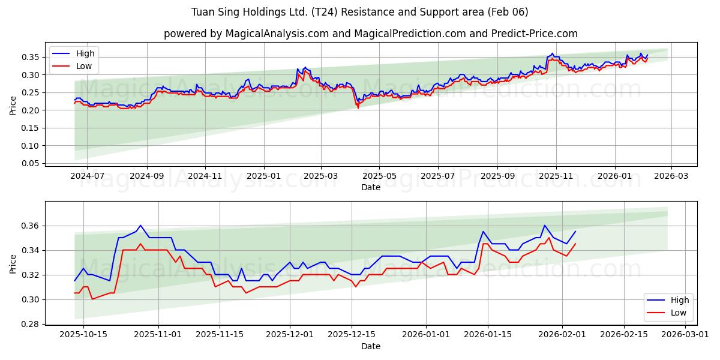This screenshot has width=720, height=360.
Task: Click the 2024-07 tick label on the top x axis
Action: click(x=87, y=176)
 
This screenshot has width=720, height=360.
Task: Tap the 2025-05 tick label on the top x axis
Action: click(x=379, y=176)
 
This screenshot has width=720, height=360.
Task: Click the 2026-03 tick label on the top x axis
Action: click(x=671, y=176)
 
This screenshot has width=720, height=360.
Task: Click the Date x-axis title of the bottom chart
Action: click(x=370, y=346)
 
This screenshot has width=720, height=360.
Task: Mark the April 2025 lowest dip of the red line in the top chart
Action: click(x=358, y=107)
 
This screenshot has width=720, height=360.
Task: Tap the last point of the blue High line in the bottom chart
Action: click(x=575, y=232)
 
